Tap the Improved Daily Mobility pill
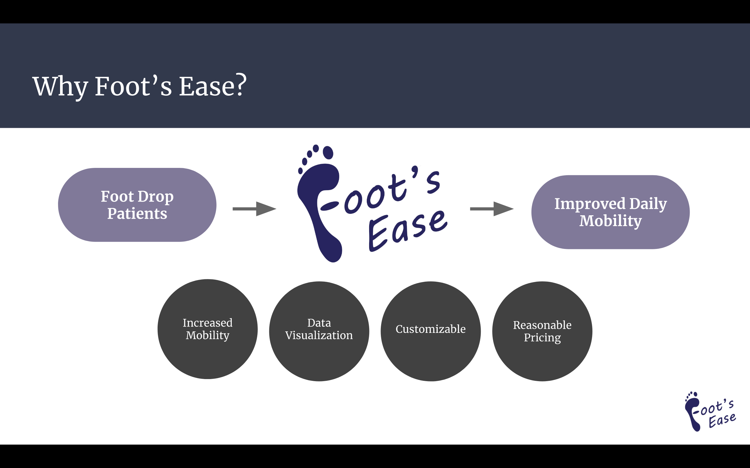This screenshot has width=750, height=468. click(x=610, y=212)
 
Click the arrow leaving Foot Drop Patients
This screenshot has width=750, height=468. click(x=254, y=209)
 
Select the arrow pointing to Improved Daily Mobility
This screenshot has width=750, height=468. click(x=492, y=209)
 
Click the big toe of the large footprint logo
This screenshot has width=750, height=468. click(x=328, y=153)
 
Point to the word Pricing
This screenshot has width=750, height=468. click(x=542, y=338)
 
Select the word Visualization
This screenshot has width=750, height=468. click(x=319, y=335)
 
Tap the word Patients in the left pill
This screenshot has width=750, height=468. click(x=137, y=214)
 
